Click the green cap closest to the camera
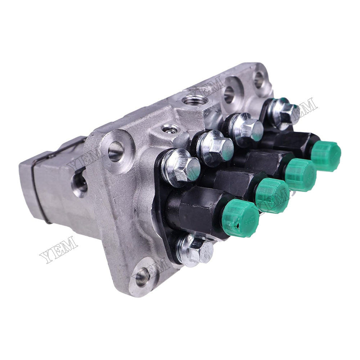click(241, 219)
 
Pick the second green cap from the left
click(272, 195)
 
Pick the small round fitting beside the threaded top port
click(169, 129)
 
